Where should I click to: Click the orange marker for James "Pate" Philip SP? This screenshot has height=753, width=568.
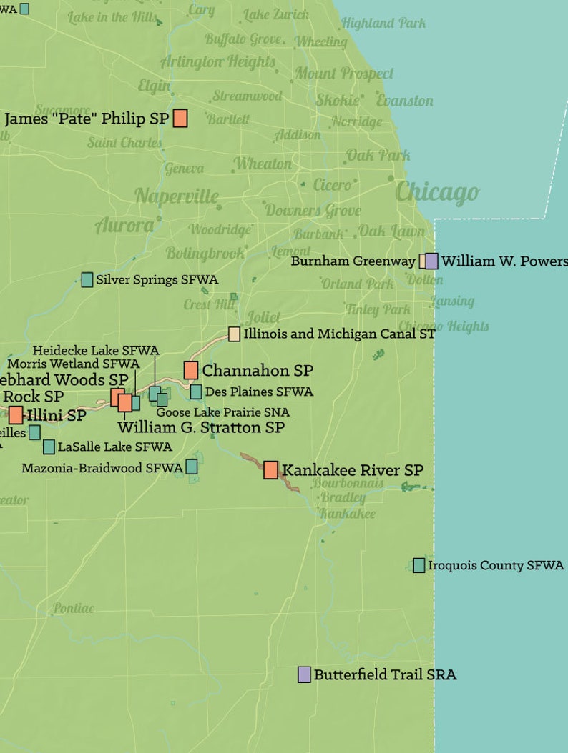pyautogui.click(x=180, y=119)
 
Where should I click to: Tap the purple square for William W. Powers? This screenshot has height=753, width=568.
pyautogui.click(x=431, y=261)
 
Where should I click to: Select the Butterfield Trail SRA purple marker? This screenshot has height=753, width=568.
pyautogui.click(x=304, y=674)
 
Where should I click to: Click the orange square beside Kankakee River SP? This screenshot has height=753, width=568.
pyautogui.click(x=270, y=469)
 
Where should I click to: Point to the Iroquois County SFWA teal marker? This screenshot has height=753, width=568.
pyautogui.click(x=419, y=565)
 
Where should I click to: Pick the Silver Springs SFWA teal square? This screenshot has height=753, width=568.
pyautogui.click(x=87, y=279)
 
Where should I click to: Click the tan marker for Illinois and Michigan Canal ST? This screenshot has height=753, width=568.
pyautogui.click(x=234, y=334)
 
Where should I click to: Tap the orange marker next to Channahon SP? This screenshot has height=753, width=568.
pyautogui.click(x=191, y=370)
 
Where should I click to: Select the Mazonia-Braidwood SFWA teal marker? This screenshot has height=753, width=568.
pyautogui.click(x=192, y=467)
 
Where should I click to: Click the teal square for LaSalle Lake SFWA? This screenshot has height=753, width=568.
pyautogui.click(x=49, y=447)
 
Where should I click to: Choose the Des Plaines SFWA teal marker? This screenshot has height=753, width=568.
pyautogui.click(x=196, y=392)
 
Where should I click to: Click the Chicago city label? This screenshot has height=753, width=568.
pyautogui.click(x=436, y=192)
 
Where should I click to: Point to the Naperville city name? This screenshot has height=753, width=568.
pyautogui.click(x=177, y=196)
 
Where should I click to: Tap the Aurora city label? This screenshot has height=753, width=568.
pyautogui.click(x=124, y=226)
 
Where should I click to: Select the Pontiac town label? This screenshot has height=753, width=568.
pyautogui.click(x=73, y=609)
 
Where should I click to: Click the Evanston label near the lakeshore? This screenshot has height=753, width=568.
pyautogui.click(x=405, y=101)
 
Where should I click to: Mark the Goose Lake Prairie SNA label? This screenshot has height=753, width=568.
pyautogui.click(x=222, y=412)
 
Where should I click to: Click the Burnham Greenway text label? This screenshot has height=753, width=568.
pyautogui.click(x=353, y=261)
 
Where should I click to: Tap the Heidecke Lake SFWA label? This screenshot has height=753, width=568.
pyautogui.click(x=95, y=350)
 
